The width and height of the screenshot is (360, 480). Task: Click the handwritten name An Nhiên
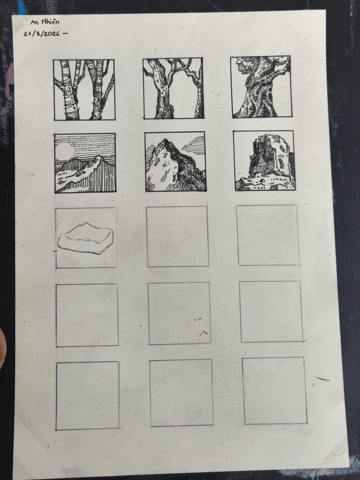pos(45,22)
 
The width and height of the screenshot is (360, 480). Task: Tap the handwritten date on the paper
pos(44,34)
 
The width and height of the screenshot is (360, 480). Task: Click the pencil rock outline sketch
pos(85,238)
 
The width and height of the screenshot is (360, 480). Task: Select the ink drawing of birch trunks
pos(84,90)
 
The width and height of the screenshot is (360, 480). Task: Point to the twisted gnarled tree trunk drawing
pos(262,87)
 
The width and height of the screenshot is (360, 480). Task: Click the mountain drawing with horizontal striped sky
pos(85,163)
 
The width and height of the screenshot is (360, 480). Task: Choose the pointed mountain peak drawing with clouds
pos(176,162)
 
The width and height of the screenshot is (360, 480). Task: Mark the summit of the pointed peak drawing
pos(164,139)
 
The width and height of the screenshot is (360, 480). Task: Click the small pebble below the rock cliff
pos(262,180)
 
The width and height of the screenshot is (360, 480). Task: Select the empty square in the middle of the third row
pos(178,236)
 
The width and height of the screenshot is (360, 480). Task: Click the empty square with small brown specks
pos(179,313)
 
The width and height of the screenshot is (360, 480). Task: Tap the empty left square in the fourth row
pos(87,315)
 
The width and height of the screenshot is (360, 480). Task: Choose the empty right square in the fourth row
pos(271,311)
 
